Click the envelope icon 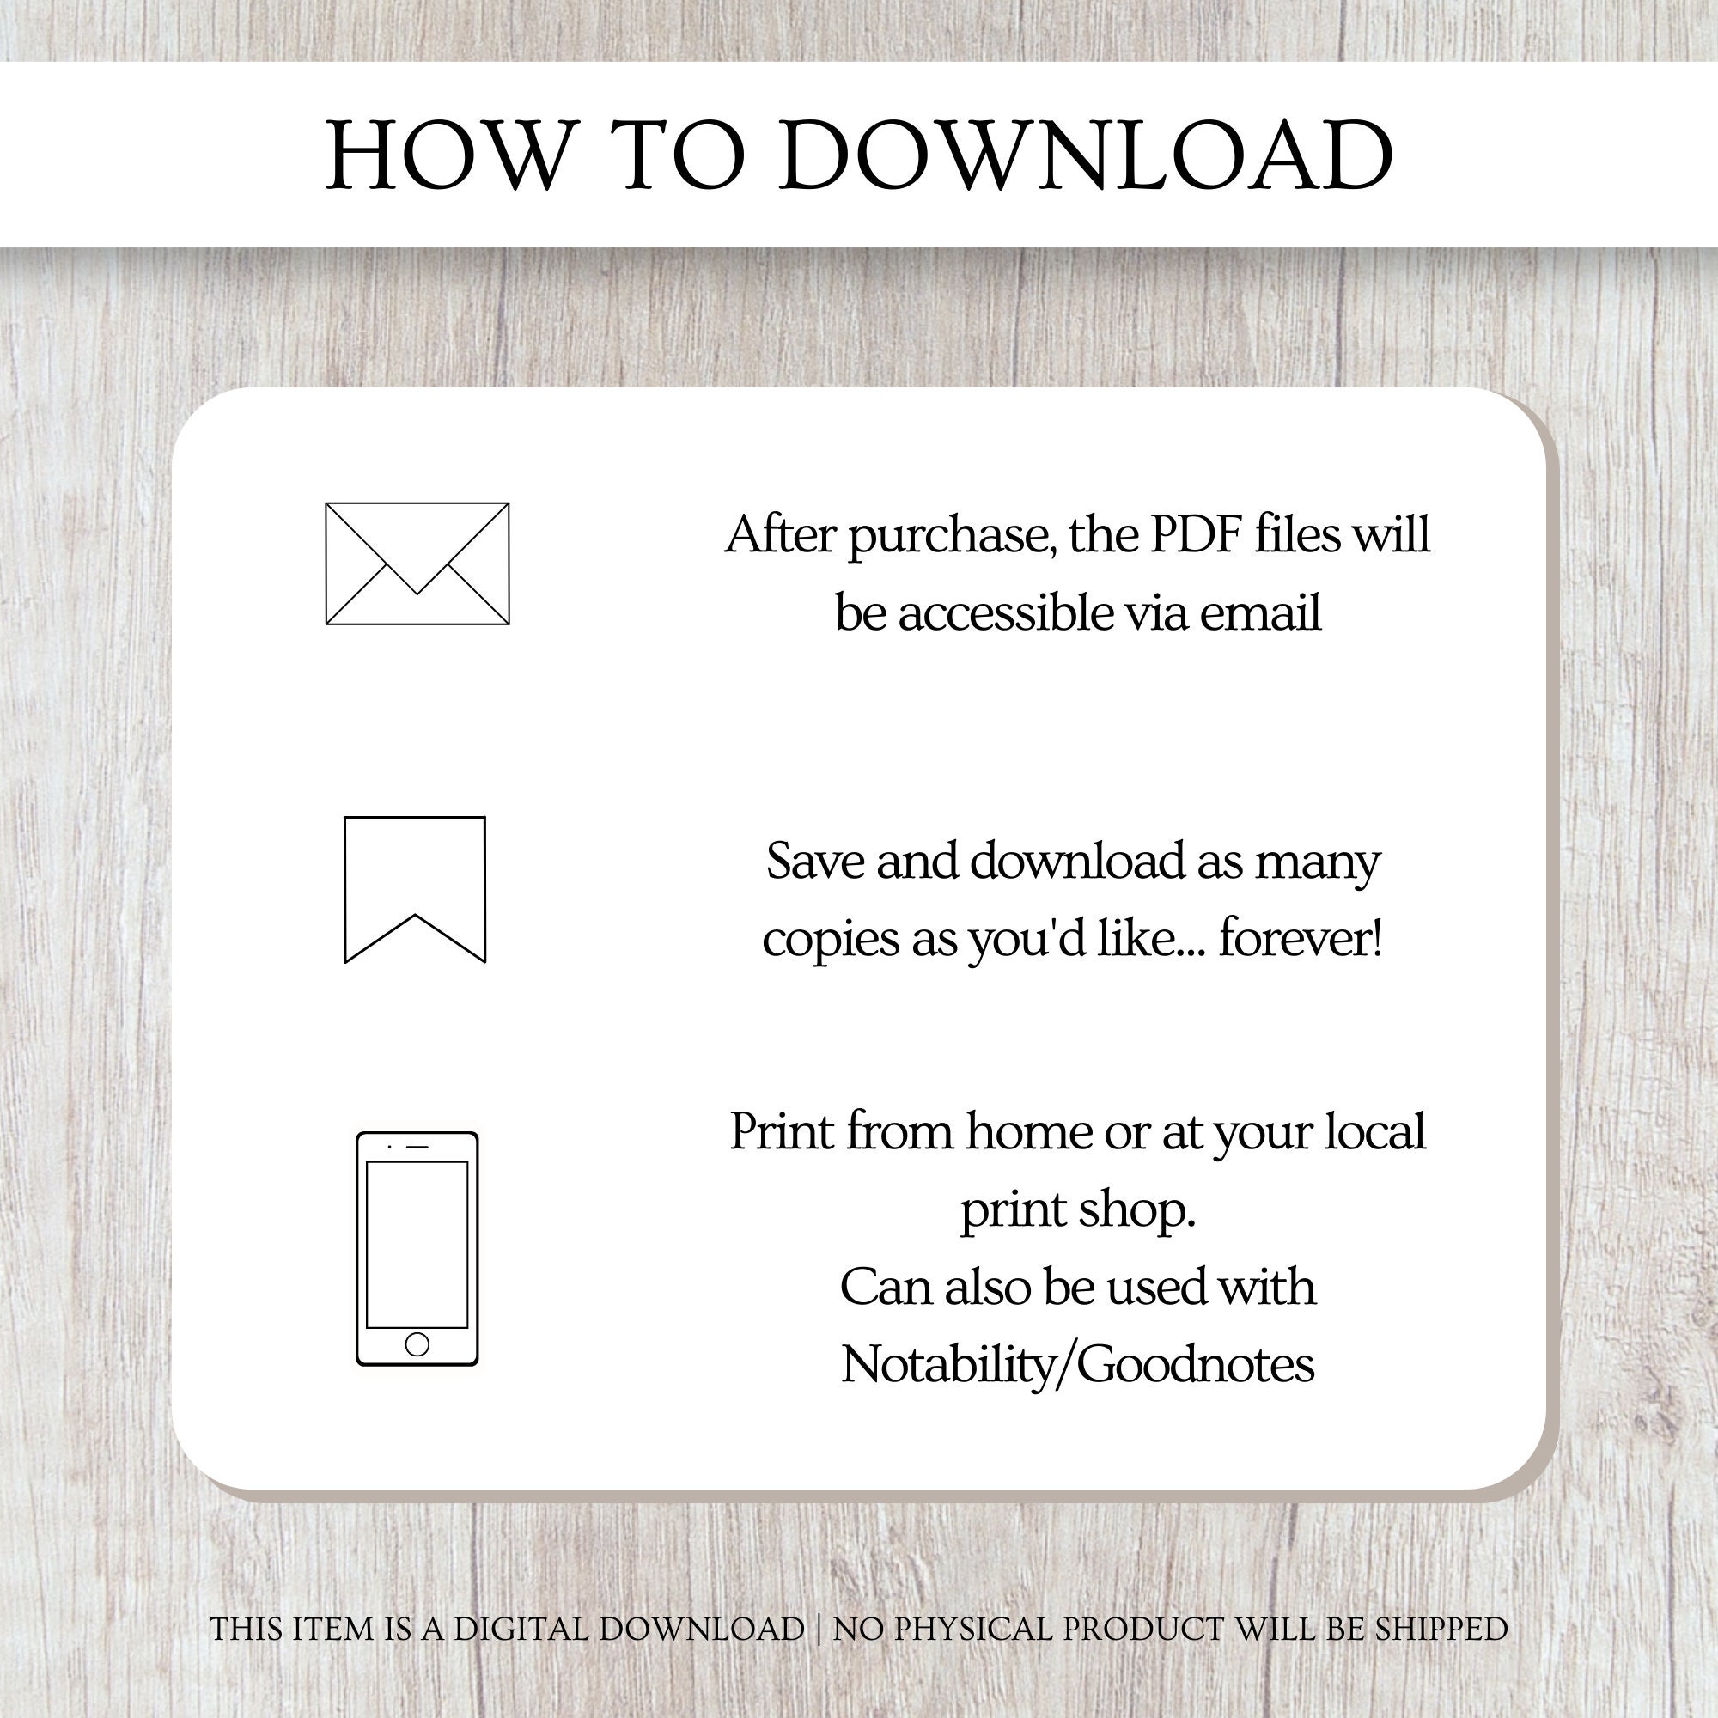tap(417, 564)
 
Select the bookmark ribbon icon tap(414, 889)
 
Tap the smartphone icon tap(417, 1248)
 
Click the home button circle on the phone tap(417, 1343)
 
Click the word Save tap(815, 862)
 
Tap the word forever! tap(1301, 939)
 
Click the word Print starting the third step tap(781, 1132)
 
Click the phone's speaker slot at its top tap(417, 1146)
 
